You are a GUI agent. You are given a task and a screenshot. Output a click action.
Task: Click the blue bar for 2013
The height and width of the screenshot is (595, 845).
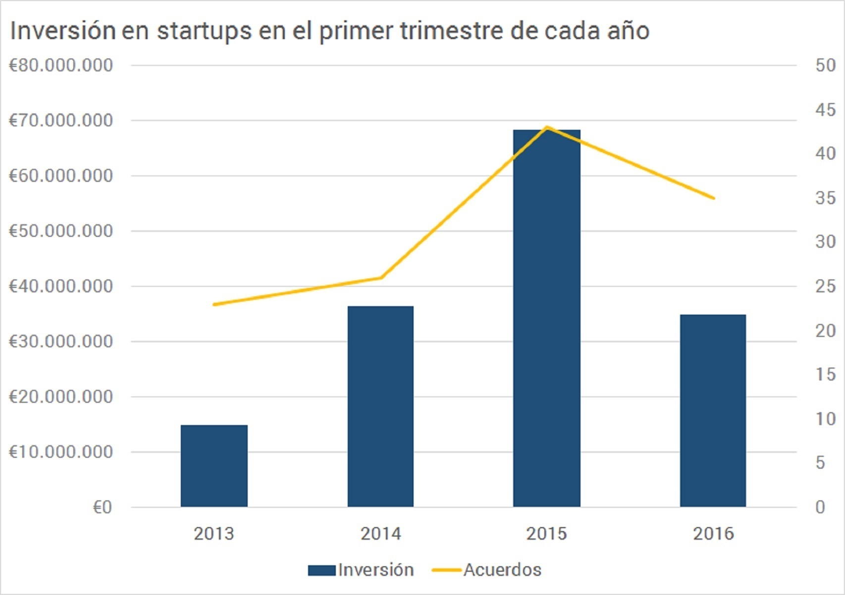[x=214, y=466]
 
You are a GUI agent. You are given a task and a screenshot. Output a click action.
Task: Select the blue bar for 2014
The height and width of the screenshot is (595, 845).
[x=380, y=406]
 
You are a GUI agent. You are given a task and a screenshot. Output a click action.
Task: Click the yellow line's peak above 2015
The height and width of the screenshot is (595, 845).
[x=546, y=127]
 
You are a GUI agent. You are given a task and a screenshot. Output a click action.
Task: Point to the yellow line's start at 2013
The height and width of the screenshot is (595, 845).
[x=214, y=304]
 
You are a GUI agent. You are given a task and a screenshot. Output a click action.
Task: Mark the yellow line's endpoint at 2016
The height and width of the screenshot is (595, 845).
[x=713, y=198]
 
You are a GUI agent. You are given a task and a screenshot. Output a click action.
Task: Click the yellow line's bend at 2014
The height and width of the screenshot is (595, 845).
[x=380, y=277]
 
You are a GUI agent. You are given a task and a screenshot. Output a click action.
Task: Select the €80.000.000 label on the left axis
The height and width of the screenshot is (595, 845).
[x=61, y=65]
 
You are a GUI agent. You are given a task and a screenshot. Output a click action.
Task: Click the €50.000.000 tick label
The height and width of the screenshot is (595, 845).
[x=61, y=231]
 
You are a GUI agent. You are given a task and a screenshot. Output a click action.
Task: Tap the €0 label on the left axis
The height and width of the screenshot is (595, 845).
[x=102, y=507]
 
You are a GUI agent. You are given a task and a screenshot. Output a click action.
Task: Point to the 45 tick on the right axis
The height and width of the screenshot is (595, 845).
[x=825, y=109]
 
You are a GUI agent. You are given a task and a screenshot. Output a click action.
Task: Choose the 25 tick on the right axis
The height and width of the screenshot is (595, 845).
[x=825, y=286]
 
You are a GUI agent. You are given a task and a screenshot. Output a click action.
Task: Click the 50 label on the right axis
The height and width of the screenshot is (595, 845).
[x=825, y=65]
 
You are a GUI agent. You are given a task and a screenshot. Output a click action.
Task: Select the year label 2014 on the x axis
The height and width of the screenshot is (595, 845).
[x=380, y=534]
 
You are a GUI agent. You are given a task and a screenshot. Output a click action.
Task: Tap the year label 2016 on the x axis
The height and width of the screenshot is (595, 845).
[x=713, y=534]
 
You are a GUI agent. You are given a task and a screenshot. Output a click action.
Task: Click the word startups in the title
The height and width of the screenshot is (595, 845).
[x=205, y=31]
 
